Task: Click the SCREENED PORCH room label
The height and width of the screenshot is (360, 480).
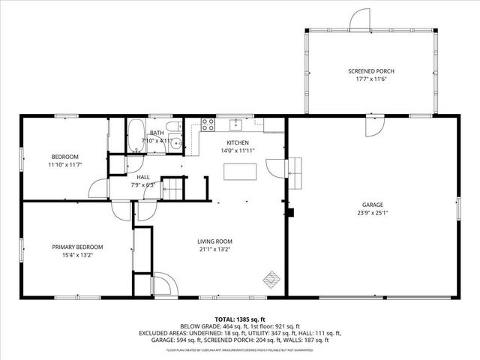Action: pos(370,71)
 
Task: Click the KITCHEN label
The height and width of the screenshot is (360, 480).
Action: pos(238,142)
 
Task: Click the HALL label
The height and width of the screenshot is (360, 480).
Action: pos(142,176)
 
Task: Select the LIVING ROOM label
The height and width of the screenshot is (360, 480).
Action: pos(214,241)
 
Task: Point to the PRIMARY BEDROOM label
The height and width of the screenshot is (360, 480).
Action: pos(77,247)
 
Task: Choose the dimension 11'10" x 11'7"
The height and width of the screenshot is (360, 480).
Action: pos(64,164)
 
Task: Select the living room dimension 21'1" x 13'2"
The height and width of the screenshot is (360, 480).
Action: pos(214,250)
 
